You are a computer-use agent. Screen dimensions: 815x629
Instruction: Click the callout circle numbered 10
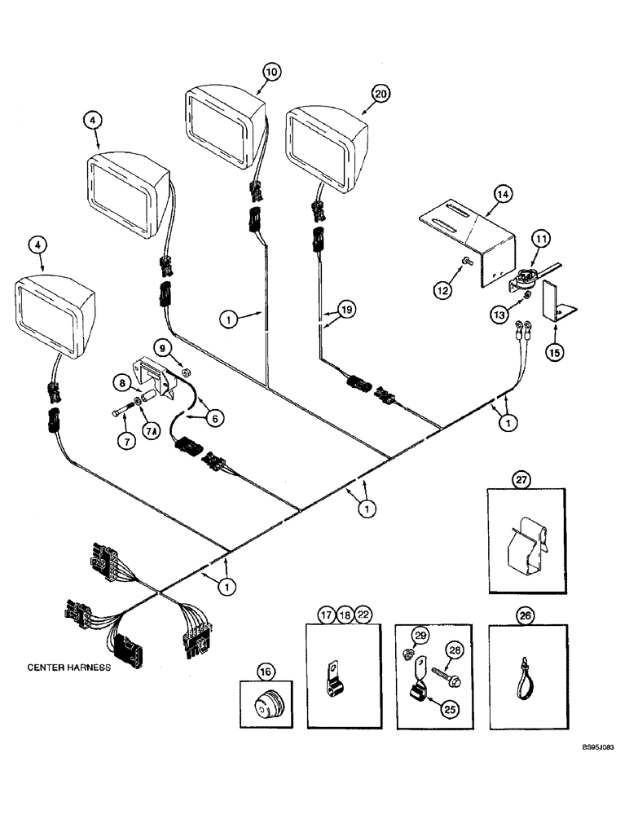click(271, 72)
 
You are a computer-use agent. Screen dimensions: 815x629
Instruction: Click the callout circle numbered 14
click(502, 194)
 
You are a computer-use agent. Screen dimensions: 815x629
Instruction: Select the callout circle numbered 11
click(542, 240)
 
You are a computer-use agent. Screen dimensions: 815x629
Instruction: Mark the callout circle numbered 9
click(163, 348)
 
